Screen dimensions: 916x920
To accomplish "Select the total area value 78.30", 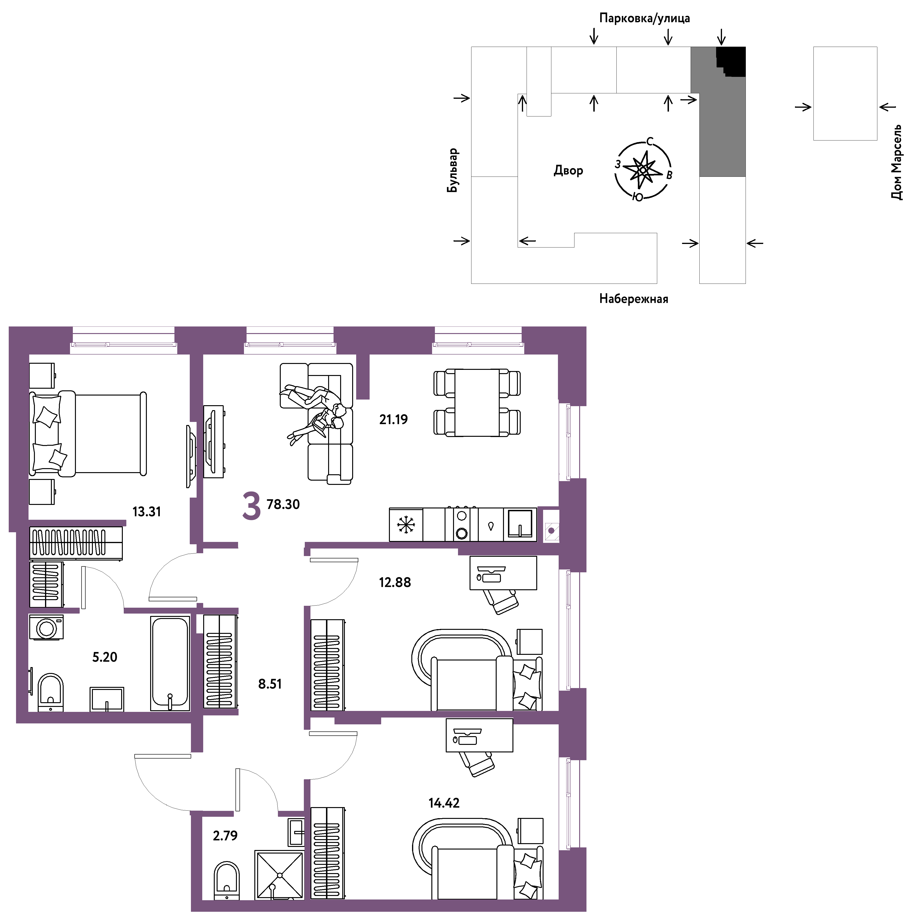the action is [283, 504].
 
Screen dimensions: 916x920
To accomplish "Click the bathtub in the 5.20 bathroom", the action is [170, 663].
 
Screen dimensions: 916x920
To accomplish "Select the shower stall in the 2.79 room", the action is [280, 875].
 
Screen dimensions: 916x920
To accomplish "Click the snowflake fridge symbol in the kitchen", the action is [406, 525].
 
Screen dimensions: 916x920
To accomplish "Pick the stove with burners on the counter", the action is [461, 524].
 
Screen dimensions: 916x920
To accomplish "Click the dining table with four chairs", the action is [477, 402].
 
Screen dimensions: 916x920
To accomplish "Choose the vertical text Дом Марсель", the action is [896, 162].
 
